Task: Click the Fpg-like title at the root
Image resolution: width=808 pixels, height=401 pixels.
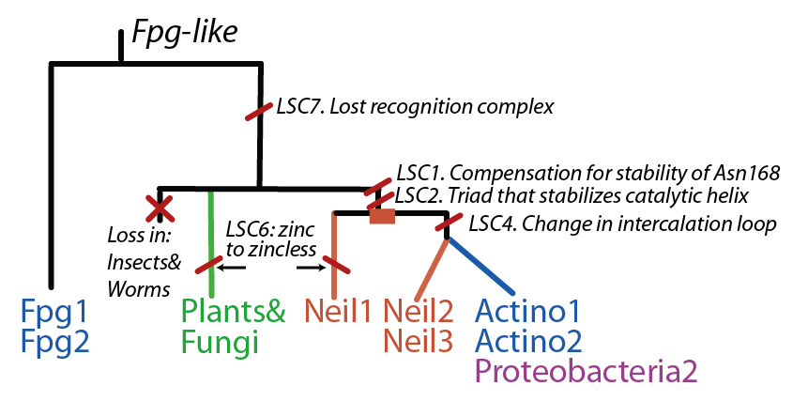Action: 185,33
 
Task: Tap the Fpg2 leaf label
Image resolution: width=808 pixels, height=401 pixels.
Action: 55,341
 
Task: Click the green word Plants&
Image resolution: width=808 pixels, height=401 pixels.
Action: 234,311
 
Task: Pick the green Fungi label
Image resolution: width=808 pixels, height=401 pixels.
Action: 220,341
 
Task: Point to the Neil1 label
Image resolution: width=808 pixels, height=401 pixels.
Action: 338,311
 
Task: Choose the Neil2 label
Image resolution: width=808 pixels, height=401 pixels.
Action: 419,311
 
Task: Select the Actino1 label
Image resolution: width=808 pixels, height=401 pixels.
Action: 528,312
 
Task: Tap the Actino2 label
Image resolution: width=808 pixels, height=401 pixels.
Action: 529,340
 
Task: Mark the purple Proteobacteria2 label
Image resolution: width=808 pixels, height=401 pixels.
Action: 587,370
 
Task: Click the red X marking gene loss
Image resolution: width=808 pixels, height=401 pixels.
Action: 160,208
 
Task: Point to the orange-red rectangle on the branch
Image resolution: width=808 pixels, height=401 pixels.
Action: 382,216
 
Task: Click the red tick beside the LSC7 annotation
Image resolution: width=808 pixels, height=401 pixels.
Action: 259,112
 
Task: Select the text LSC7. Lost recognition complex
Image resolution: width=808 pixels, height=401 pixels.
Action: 415,107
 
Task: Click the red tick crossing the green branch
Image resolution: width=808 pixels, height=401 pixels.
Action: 210,263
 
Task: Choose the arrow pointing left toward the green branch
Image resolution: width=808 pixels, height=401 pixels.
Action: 231,267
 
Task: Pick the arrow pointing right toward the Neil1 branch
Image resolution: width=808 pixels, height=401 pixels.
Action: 312,267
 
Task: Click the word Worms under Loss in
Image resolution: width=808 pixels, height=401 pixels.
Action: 139,288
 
